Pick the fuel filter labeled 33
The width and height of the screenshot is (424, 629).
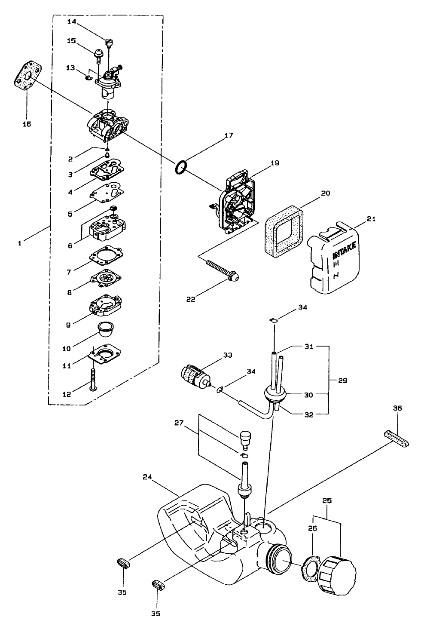tap(195, 375)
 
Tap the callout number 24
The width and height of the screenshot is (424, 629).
tap(147, 477)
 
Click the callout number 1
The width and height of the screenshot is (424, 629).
tap(20, 243)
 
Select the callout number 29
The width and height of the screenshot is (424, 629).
tap(343, 381)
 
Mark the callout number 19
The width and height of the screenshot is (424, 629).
tap(275, 163)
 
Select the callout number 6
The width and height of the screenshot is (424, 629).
tap(70, 245)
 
